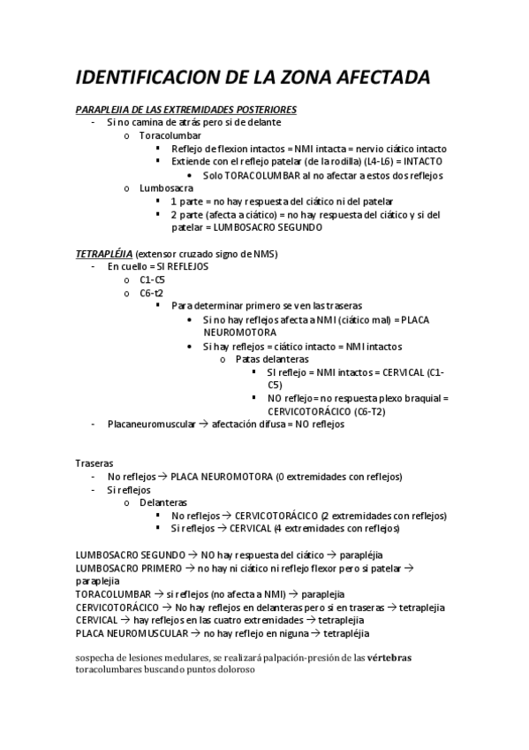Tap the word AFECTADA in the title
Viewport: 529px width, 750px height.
(381, 78)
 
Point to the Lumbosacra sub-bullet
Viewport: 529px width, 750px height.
(169, 188)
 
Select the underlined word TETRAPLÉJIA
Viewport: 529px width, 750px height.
(104, 254)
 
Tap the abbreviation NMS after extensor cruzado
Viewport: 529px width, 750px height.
(265, 254)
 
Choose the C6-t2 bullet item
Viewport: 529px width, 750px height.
(151, 292)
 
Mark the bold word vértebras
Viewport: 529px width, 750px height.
(389, 657)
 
